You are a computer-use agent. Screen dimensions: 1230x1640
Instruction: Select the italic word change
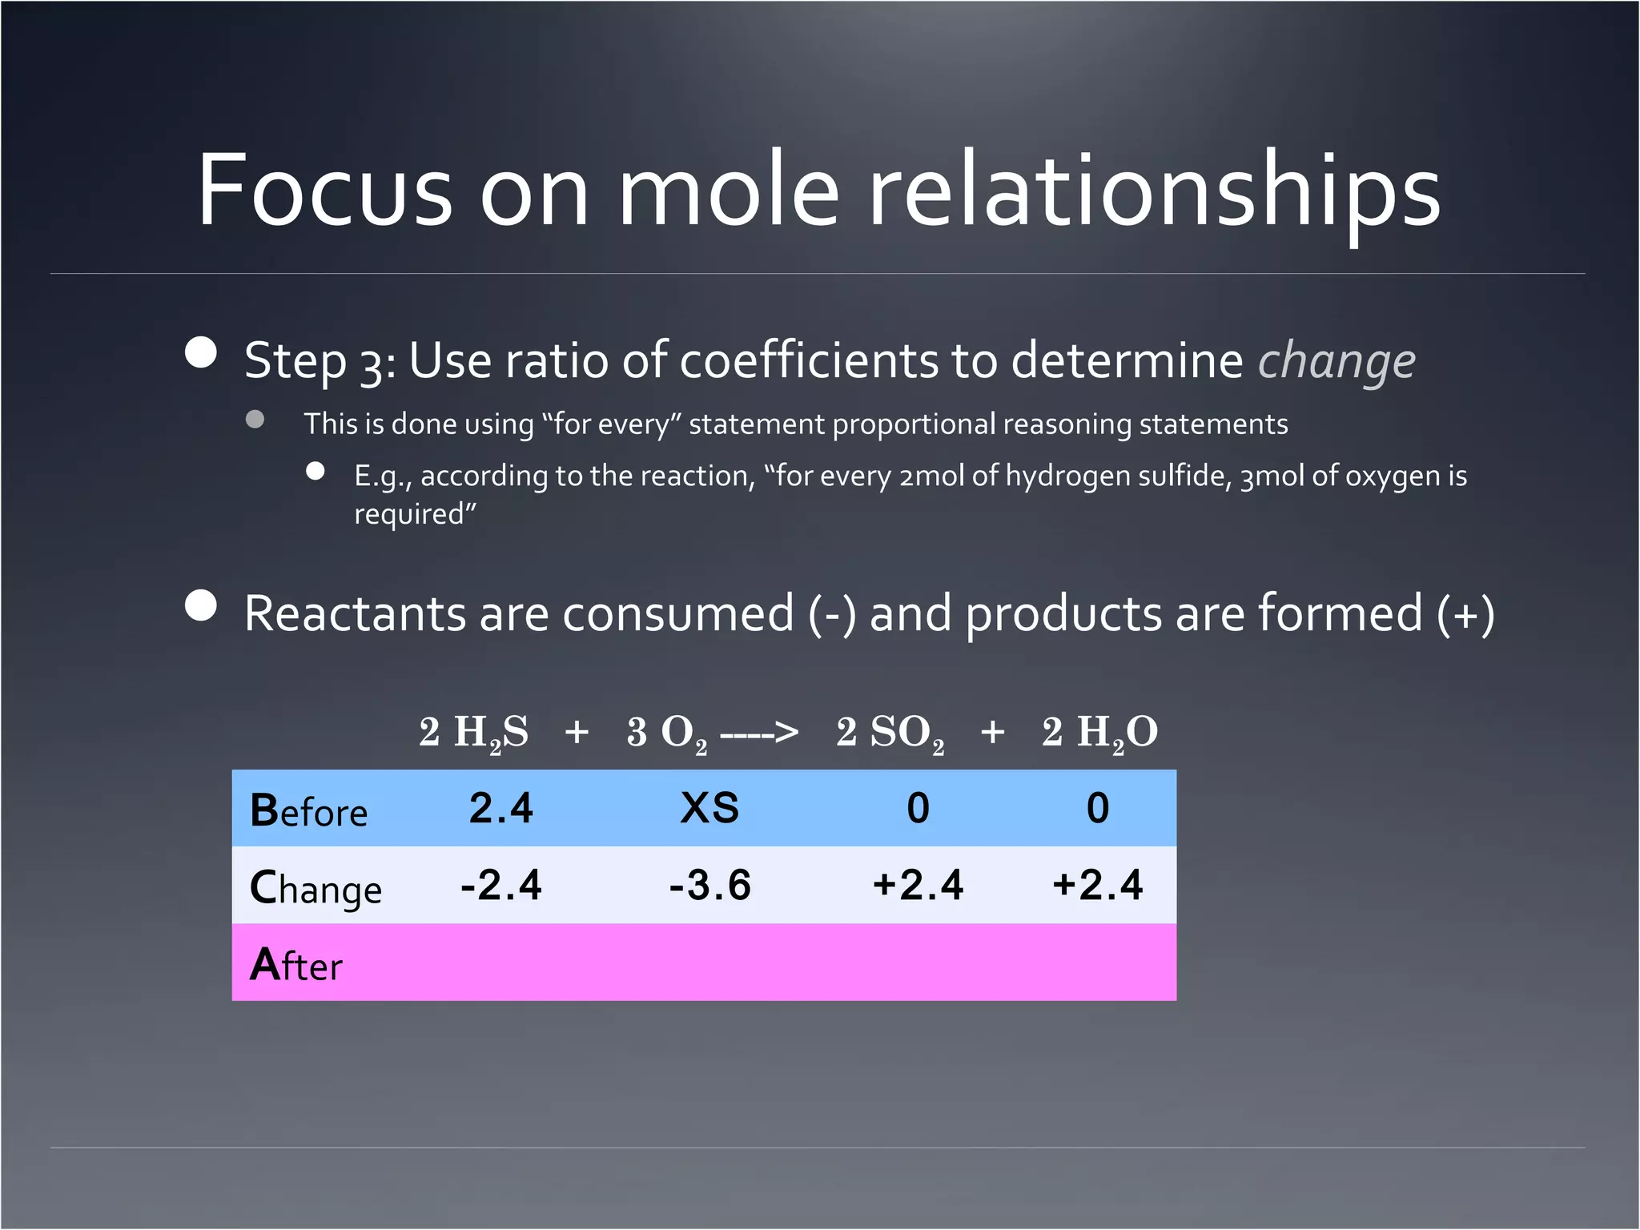(x=1336, y=361)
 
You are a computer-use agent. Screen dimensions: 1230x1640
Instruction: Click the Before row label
(x=308, y=810)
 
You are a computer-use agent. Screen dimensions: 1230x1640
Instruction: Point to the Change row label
(x=316, y=888)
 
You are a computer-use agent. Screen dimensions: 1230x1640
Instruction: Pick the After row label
(x=295, y=965)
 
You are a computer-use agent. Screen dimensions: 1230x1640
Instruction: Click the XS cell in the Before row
(x=709, y=807)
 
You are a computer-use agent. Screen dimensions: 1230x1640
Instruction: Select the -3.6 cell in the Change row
(x=709, y=885)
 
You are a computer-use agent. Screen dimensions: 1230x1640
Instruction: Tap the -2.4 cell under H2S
(x=501, y=885)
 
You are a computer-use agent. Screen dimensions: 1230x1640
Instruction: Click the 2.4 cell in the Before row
(x=501, y=807)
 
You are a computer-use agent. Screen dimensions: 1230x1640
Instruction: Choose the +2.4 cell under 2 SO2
(x=918, y=885)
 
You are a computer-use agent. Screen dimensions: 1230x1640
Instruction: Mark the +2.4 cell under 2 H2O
(x=1097, y=885)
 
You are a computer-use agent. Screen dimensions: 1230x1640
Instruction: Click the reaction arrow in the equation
(x=758, y=732)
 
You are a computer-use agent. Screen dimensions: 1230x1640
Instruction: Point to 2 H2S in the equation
(x=474, y=732)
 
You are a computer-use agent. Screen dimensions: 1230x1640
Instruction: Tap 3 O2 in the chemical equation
(x=666, y=732)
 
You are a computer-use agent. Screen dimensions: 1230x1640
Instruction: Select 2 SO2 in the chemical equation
(x=890, y=732)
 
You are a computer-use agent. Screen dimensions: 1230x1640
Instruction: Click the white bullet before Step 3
(x=200, y=352)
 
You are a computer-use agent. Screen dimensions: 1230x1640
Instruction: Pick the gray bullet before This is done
(x=255, y=420)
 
